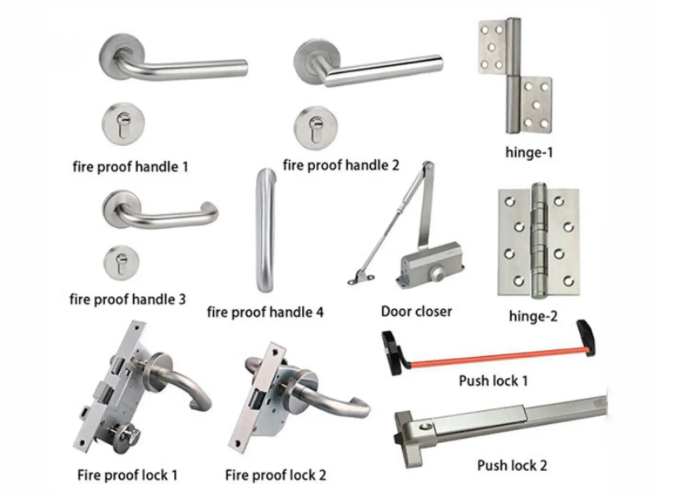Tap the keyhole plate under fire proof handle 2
click(x=316, y=128)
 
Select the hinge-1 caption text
click(x=529, y=152)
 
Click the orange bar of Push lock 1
click(x=498, y=357)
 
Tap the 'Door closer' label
click(x=416, y=311)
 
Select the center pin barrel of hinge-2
click(x=539, y=240)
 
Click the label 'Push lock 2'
click(x=512, y=466)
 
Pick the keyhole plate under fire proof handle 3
click(x=121, y=263)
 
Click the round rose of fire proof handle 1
click(x=122, y=56)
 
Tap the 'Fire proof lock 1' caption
click(x=127, y=475)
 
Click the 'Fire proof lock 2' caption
click(x=276, y=475)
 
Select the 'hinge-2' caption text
click(x=533, y=316)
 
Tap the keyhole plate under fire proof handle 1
click(x=123, y=124)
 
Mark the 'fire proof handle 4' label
click(x=265, y=312)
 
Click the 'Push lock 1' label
click(x=493, y=381)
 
